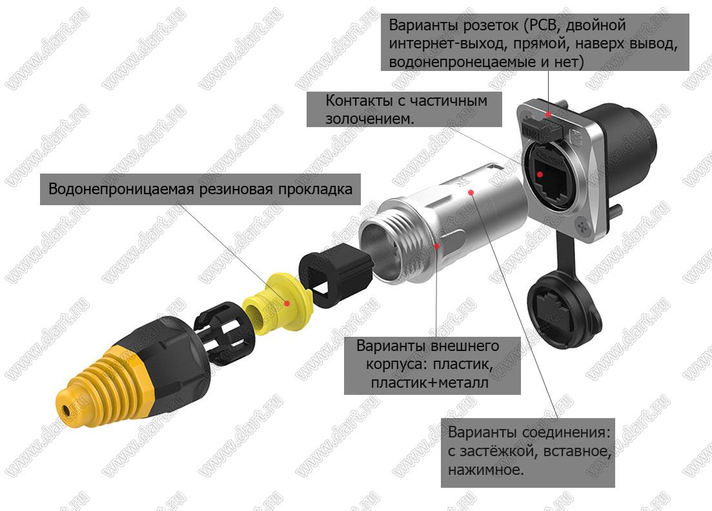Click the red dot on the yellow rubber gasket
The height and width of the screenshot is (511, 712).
click(x=287, y=303)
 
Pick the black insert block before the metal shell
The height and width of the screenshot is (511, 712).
click(x=336, y=273)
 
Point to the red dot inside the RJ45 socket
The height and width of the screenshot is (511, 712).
click(x=540, y=174)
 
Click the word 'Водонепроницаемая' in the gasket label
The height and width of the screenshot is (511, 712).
click(x=121, y=189)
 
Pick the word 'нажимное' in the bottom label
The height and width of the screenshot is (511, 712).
click(x=486, y=470)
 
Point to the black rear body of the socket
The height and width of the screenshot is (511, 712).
click(x=622, y=145)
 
